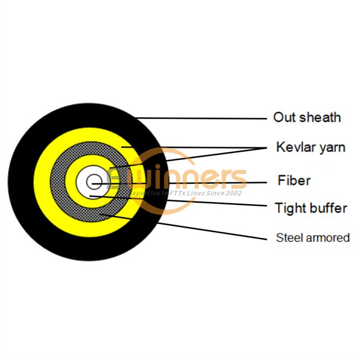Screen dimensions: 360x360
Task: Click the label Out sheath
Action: pos(307,117)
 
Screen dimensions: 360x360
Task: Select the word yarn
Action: pos(332,148)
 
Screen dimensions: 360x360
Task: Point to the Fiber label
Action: pos(294,181)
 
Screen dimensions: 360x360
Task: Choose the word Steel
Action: pos(288,238)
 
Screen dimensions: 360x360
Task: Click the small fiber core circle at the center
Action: pos(94,182)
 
